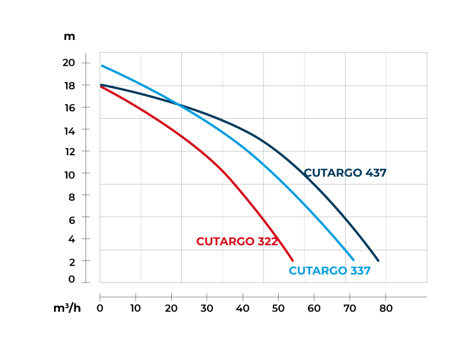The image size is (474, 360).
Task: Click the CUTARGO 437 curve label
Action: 345,173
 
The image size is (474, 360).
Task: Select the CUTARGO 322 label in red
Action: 237,241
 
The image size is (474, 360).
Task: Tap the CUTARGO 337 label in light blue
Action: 329,271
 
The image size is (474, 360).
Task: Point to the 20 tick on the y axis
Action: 69,63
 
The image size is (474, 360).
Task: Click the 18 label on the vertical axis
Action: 69,85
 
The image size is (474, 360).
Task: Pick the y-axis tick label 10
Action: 69,174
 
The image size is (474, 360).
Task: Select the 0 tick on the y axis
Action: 71,279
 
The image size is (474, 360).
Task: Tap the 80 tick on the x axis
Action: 386,308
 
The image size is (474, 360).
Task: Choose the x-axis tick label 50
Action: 278,308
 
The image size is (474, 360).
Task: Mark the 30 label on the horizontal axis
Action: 207,308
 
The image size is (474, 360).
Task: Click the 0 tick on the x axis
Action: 100,308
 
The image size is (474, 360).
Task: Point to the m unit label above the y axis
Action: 69,37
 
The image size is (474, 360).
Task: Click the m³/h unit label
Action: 67,308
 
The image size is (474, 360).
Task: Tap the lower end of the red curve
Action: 293,260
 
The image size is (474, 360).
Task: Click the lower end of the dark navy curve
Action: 378,260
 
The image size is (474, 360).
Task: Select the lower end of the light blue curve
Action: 354,260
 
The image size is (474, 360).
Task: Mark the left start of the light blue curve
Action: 102,66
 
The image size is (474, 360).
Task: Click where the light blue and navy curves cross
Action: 180,105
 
